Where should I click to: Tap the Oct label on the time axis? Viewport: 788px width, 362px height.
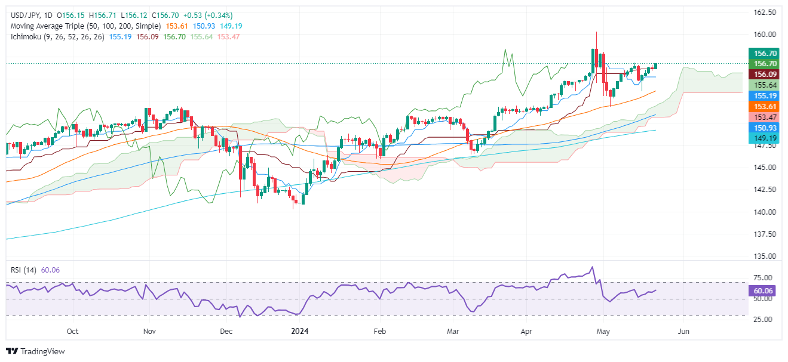pyautogui.click(x=73, y=330)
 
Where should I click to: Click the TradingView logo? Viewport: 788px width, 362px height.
pyautogui.click(x=35, y=352)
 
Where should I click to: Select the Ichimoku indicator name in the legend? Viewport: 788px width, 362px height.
pyautogui.click(x=24, y=37)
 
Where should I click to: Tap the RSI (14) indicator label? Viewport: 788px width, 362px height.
pyautogui.click(x=24, y=270)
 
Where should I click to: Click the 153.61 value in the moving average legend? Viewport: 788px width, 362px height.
pyautogui.click(x=173, y=26)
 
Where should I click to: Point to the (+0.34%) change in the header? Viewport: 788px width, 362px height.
pyautogui.click(x=218, y=15)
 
